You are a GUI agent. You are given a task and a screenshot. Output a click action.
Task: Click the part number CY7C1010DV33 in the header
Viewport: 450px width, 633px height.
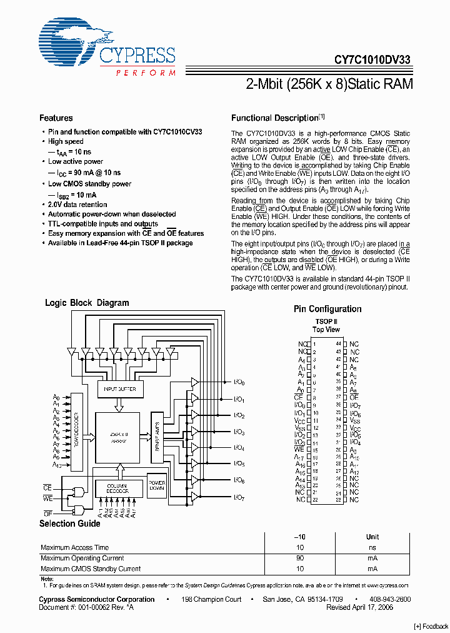click(372, 61)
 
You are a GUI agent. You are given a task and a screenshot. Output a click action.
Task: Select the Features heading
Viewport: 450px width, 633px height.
click(56, 118)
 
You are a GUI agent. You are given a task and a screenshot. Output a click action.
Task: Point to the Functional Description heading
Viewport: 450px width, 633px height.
click(275, 118)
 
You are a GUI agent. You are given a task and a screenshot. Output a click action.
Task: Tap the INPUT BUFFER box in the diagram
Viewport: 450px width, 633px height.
click(119, 389)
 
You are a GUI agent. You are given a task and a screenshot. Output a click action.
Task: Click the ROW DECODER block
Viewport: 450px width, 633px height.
click(77, 432)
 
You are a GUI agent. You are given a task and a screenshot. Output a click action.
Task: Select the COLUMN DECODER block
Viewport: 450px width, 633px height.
click(117, 489)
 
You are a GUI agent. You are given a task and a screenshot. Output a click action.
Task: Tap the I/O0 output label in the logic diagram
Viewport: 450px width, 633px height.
click(239, 382)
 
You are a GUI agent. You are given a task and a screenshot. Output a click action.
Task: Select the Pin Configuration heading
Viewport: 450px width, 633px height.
click(327, 309)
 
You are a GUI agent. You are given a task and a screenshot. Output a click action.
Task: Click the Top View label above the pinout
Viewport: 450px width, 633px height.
click(326, 330)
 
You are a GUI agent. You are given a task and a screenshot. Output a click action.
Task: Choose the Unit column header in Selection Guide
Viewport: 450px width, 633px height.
click(372, 537)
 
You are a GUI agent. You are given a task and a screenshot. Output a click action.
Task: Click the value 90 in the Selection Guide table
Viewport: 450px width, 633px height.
click(300, 558)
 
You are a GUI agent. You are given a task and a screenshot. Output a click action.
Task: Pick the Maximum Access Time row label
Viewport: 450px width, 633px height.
click(74, 547)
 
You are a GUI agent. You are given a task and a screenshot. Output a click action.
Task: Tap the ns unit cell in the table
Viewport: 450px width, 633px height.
click(372, 547)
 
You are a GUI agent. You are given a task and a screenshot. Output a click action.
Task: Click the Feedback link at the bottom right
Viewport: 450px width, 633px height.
click(431, 626)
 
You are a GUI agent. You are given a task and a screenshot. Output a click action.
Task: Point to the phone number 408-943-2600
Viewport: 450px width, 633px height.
click(389, 599)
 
